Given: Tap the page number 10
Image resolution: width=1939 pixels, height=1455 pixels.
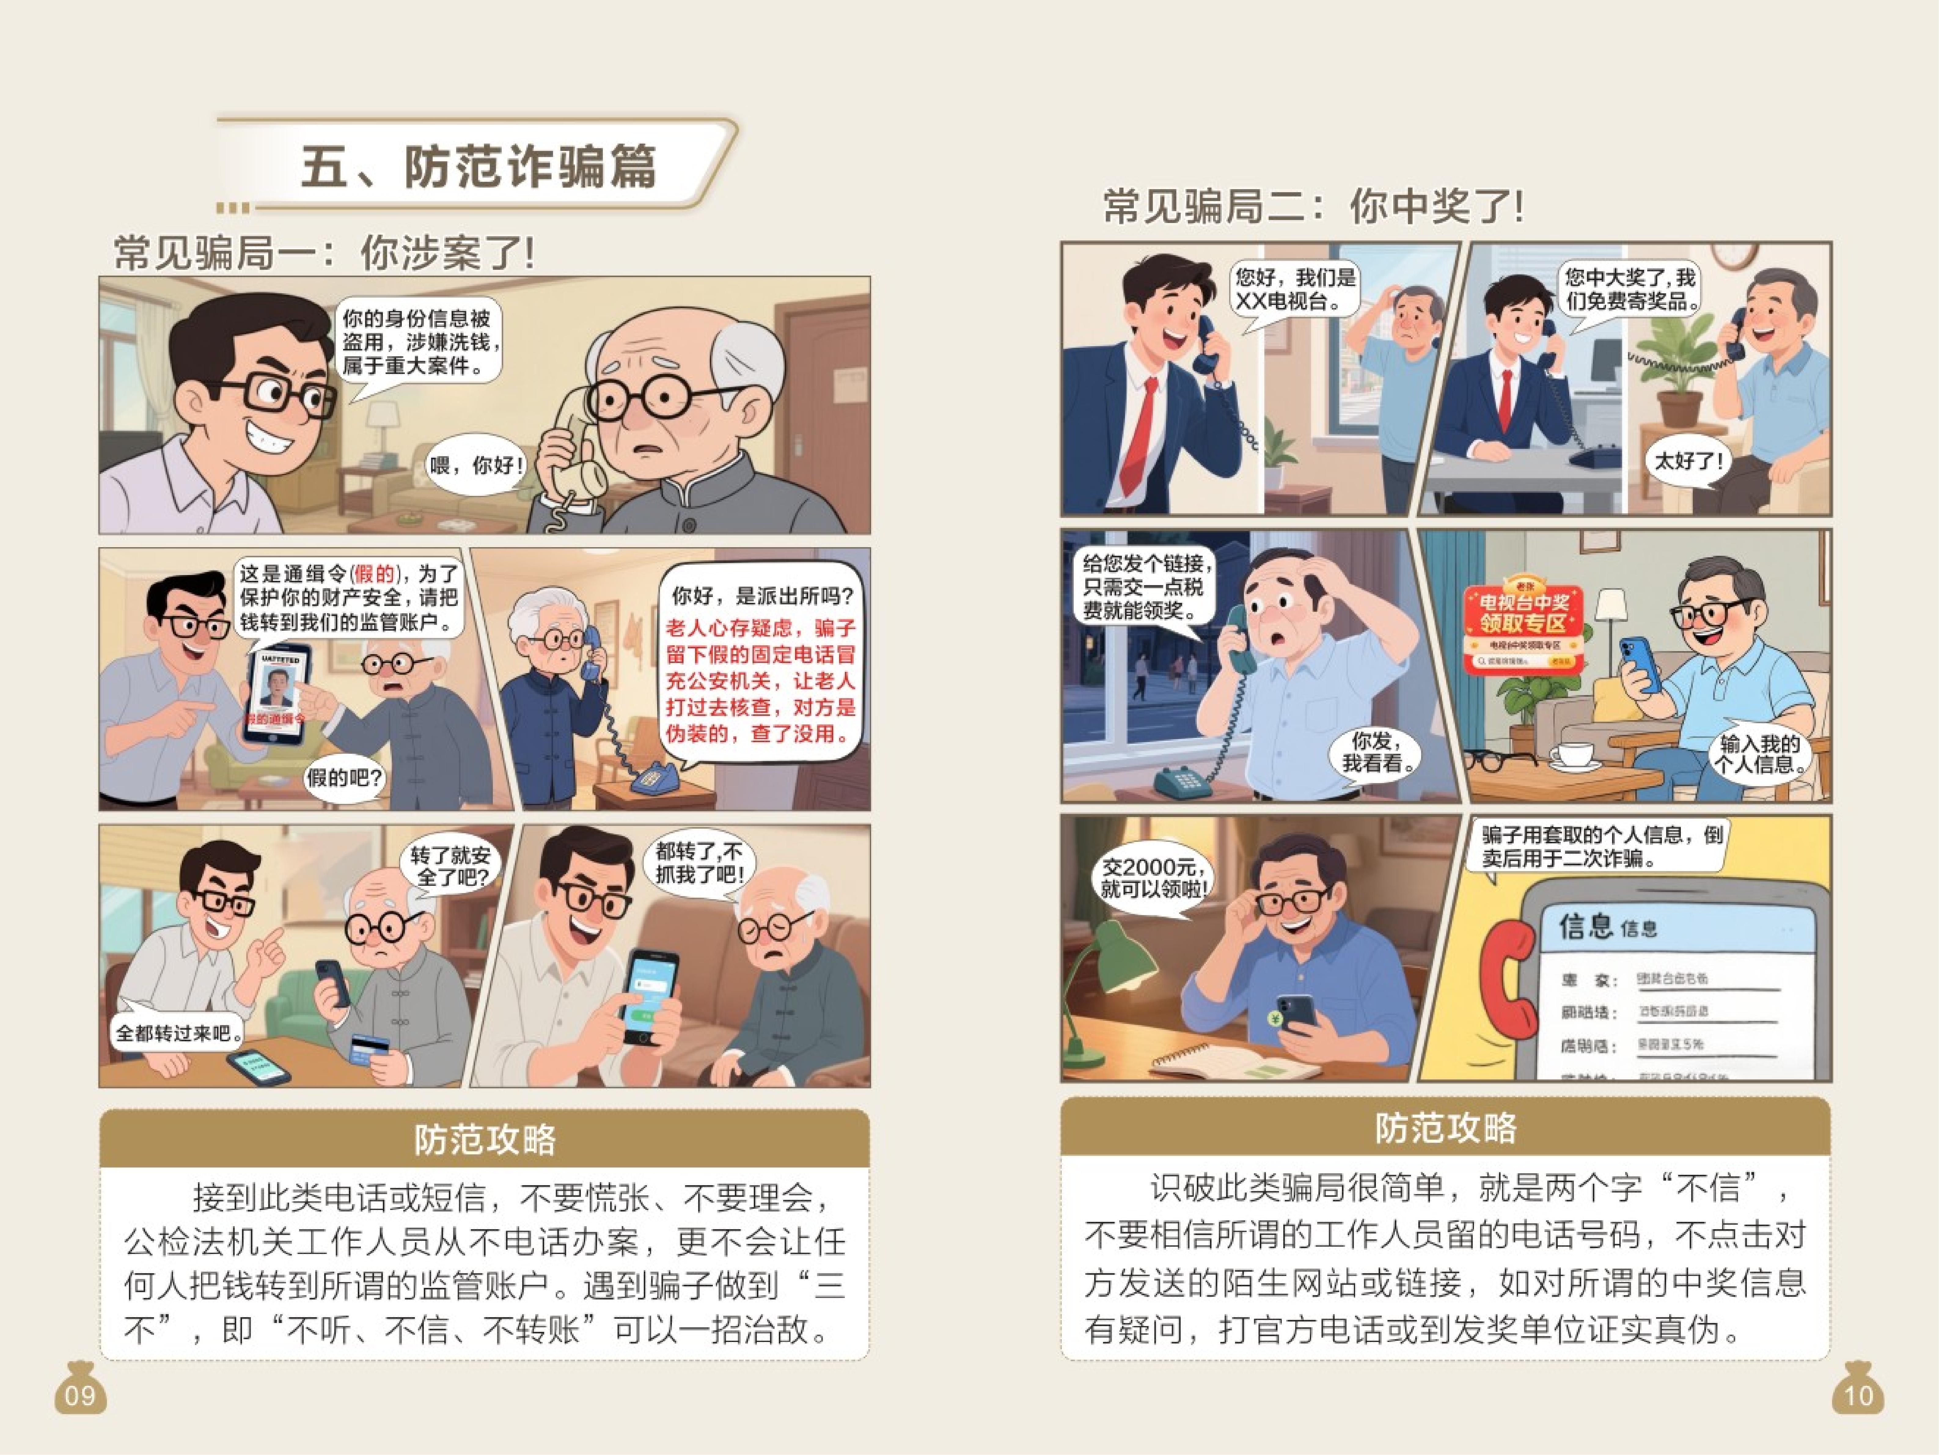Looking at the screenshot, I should click(x=1858, y=1395).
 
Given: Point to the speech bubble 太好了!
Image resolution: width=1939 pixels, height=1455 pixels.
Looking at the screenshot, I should click(x=1688, y=460).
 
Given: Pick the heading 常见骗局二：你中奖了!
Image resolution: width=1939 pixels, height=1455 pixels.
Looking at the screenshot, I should click(x=1312, y=207).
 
